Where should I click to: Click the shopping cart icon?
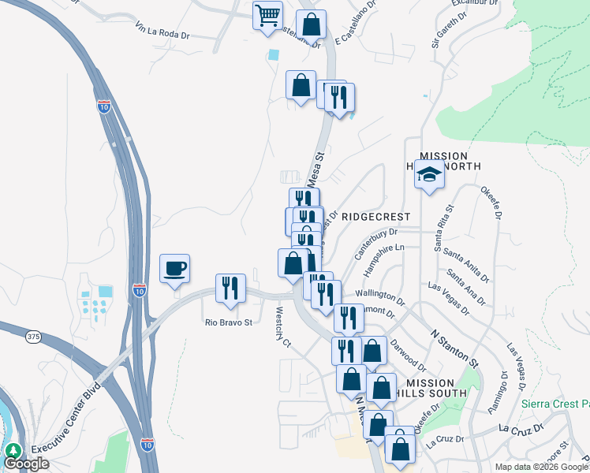click(x=267, y=15)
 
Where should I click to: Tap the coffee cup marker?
click(x=174, y=269)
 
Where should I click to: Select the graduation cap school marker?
click(x=429, y=174)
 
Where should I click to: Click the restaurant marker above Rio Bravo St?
click(x=230, y=289)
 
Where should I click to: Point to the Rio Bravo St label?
click(x=228, y=322)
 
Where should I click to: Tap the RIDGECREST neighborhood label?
click(x=377, y=216)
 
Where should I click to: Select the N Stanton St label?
click(x=454, y=348)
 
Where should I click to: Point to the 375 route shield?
click(x=32, y=337)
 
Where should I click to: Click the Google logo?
click(x=26, y=464)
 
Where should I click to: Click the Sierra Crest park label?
click(x=555, y=404)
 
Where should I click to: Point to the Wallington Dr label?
click(x=379, y=298)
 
